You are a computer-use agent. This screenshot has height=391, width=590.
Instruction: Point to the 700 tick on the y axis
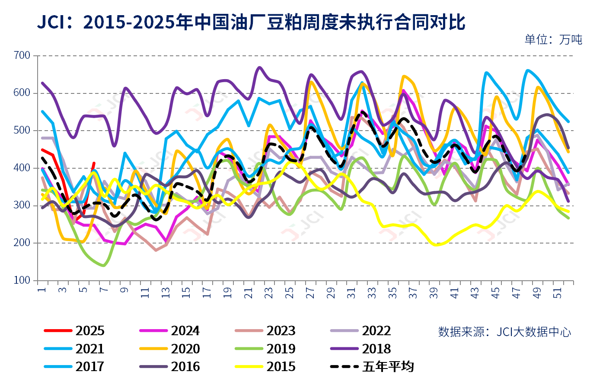(x=22, y=55)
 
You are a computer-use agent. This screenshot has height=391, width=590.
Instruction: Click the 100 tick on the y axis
(x=22, y=280)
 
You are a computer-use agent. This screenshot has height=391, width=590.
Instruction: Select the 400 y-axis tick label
(x=22, y=168)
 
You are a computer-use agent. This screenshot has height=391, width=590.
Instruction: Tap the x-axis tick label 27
(x=310, y=293)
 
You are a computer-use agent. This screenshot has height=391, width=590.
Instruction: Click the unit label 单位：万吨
(x=553, y=39)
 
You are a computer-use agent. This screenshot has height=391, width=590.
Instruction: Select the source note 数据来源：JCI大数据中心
(x=504, y=332)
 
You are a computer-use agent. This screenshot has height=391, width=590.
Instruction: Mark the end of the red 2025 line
(x=94, y=163)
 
